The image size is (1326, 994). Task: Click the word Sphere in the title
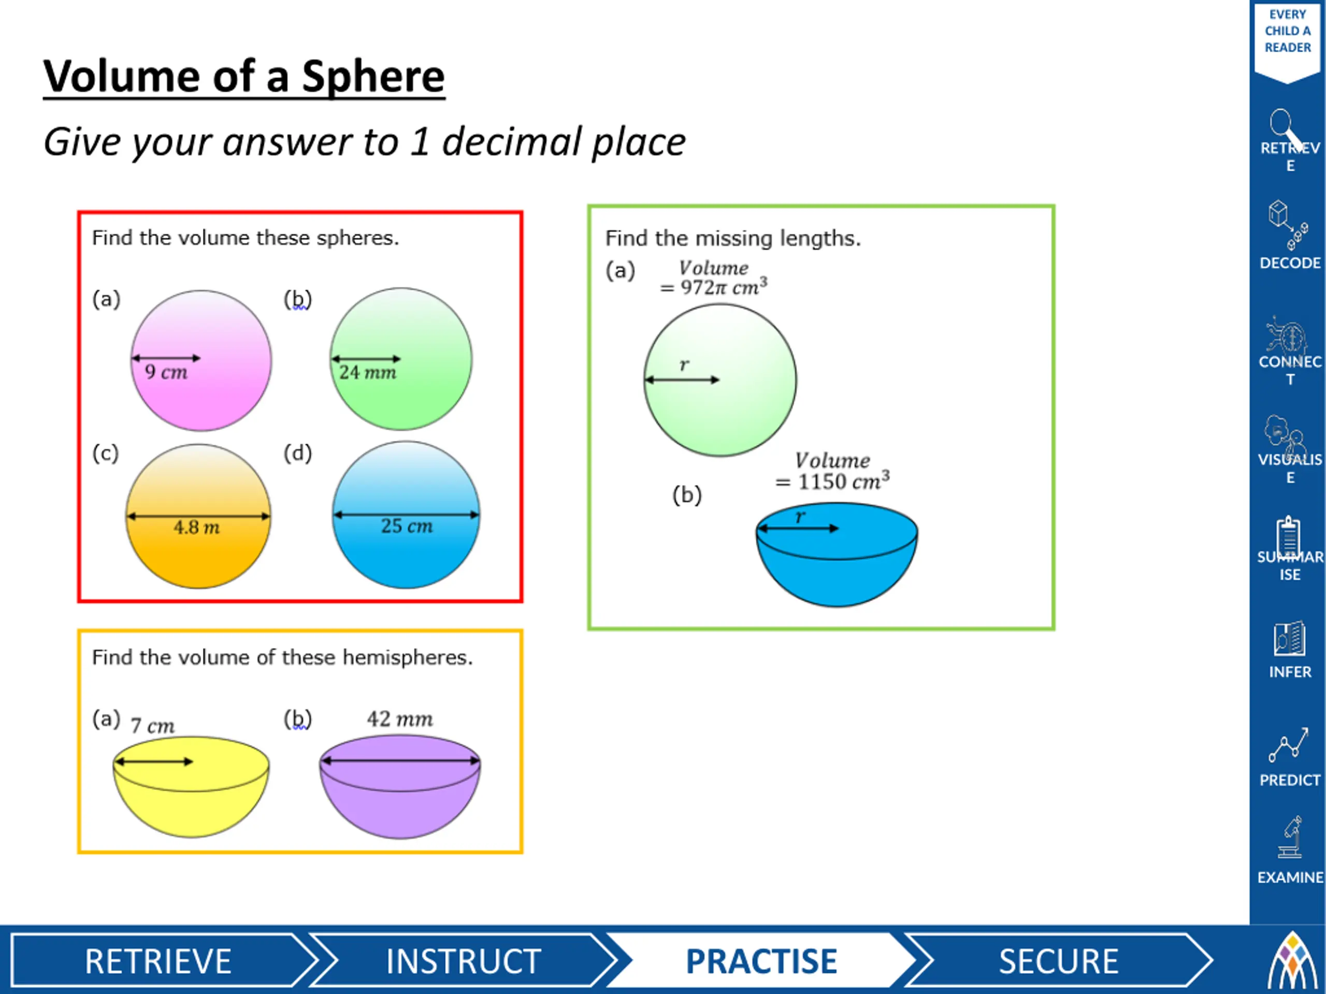(373, 77)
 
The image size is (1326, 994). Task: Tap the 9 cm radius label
(166, 372)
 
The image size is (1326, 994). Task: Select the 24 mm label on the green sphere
(367, 373)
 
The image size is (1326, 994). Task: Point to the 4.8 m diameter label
(197, 527)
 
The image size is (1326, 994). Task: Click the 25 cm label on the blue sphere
(407, 526)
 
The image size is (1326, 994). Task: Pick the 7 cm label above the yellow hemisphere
(152, 726)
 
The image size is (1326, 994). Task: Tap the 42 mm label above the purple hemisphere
(400, 719)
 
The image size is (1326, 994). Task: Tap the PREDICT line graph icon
(1288, 745)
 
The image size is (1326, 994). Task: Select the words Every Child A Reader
(1288, 31)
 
